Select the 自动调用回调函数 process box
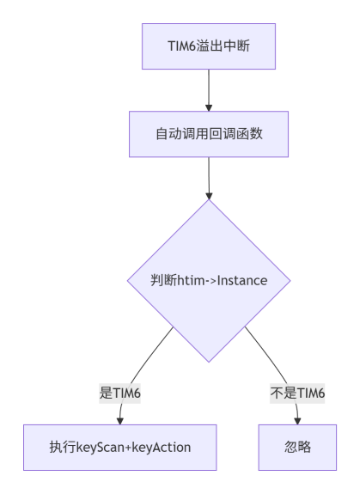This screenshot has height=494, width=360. pos(209,134)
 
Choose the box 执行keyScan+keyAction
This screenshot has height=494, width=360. pos(119,446)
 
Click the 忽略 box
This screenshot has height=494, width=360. pos(297,446)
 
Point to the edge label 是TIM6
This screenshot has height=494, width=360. pos(119,392)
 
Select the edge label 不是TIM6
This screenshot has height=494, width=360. pos(297,392)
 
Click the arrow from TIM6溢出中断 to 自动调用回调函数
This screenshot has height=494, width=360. pos(209,91)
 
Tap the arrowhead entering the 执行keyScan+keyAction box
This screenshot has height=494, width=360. pos(119,420)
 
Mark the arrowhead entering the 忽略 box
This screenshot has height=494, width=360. pos(297,420)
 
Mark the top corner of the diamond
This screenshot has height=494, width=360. pos(209,199)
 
